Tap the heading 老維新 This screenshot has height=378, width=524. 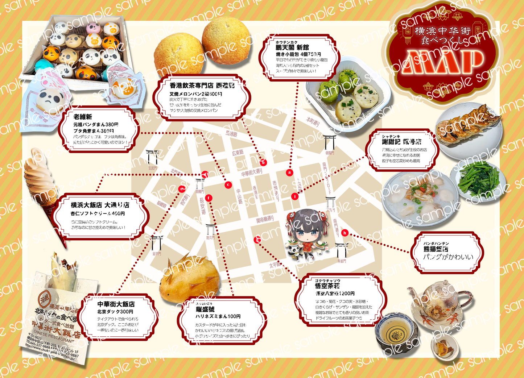coord(83,117)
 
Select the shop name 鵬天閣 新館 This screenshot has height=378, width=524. coord(292,47)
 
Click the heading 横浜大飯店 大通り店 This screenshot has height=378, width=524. coord(100,205)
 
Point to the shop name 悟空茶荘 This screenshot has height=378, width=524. coord(327,286)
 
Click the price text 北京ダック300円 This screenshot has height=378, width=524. coord(115,312)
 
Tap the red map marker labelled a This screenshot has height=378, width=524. coord(289,173)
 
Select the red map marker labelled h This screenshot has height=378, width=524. coord(345,233)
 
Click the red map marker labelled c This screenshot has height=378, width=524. coord(228,185)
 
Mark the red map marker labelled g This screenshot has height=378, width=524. coord(258,240)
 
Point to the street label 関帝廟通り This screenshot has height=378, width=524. coord(265,219)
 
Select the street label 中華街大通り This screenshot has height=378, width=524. coord(252,172)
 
